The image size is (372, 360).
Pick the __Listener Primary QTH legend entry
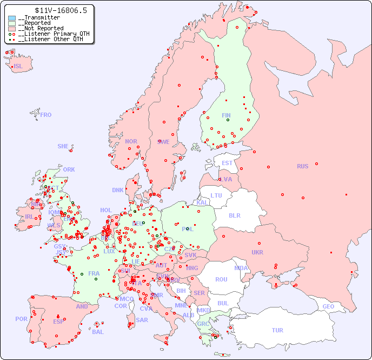coord(49,34)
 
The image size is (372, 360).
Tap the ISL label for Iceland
coord(18,67)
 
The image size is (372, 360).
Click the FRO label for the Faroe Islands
coord(46,115)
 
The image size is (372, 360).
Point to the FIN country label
coord(226,115)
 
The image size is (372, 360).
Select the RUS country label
coord(302,166)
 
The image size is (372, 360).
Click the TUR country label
coord(277,330)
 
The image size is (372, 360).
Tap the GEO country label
coord(328,306)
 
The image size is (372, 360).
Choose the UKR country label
coord(257,252)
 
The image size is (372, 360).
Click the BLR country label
coord(234,215)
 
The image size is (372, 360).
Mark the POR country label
coord(21,319)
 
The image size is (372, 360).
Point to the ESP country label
coord(58,321)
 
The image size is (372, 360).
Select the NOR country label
coord(131,141)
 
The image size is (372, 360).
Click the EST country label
coord(227,163)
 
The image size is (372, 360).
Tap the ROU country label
coord(221,279)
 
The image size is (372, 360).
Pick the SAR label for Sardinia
coord(142,320)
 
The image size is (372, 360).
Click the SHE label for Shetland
coord(63,146)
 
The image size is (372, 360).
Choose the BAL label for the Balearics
coord(97,332)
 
